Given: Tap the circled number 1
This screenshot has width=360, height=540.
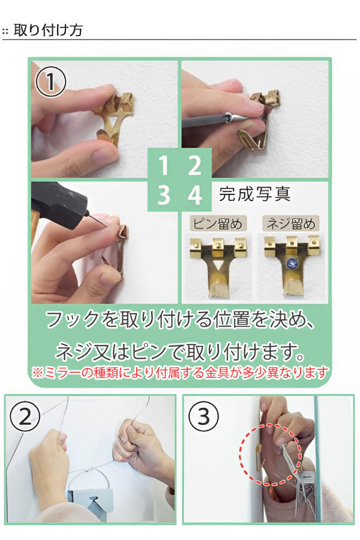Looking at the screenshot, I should tap(51, 82).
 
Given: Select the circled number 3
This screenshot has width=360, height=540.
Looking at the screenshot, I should tap(203, 415).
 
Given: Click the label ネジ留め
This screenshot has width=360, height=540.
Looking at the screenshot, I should tap(290, 225).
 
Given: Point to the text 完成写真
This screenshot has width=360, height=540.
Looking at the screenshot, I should tap(255, 194).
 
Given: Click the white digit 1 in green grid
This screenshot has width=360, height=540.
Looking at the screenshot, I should tap(163, 165).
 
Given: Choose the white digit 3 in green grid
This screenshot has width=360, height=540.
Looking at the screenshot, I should tap(163, 196).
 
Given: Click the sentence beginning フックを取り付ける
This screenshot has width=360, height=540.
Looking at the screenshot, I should tap(180, 320).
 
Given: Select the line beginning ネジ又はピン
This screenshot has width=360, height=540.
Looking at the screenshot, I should tap(180, 349).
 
